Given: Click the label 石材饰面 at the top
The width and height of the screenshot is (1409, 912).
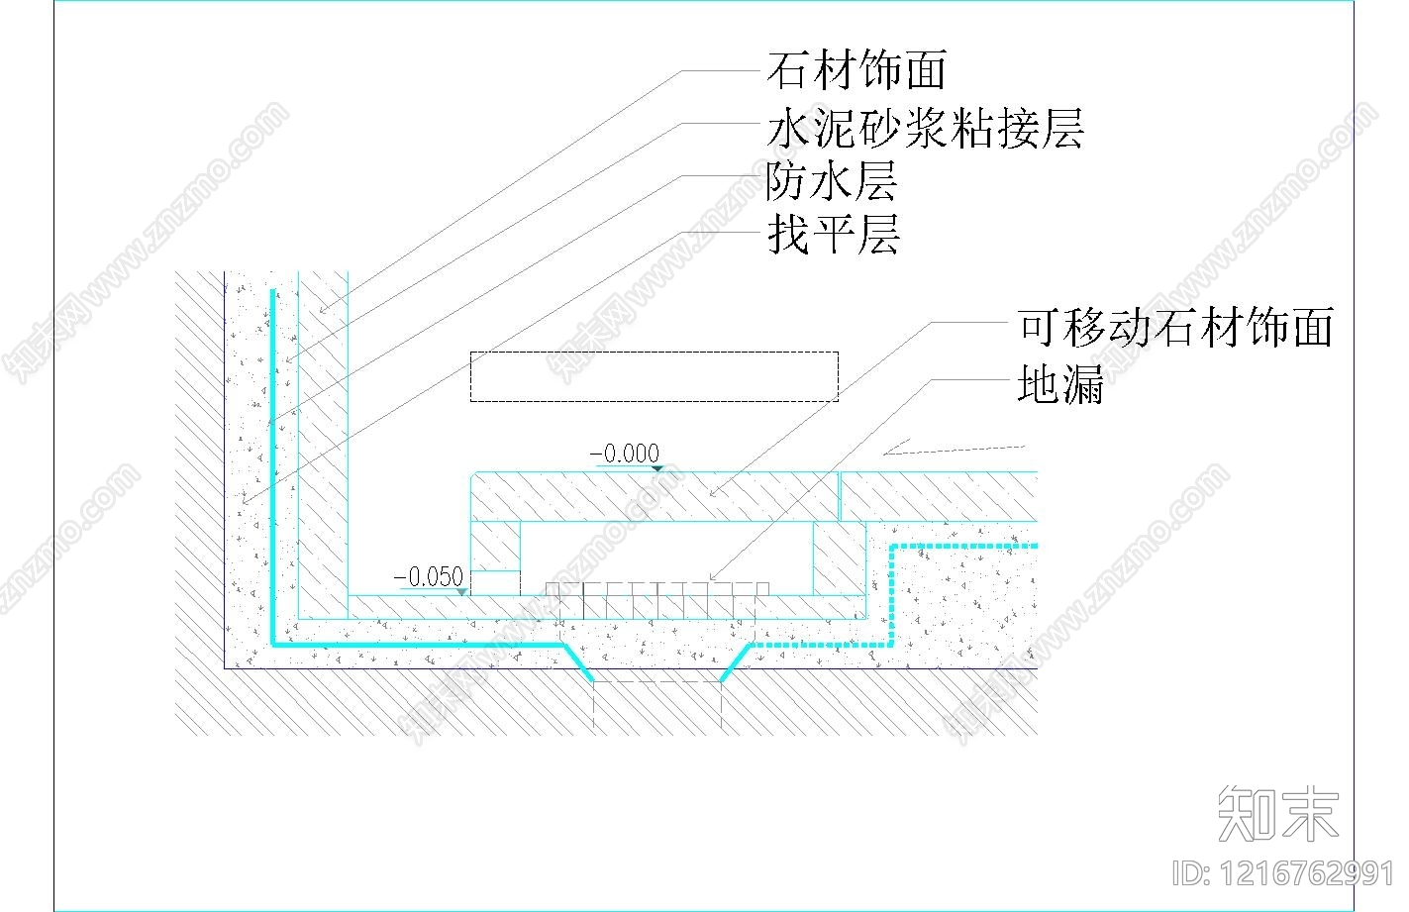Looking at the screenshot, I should [856, 70].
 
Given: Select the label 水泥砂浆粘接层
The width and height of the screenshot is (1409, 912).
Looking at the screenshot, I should [926, 129].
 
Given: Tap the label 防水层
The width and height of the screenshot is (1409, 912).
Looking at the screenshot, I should [832, 182].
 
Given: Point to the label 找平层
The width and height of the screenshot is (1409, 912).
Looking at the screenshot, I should [833, 237].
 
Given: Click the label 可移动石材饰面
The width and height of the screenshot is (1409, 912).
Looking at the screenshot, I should [1175, 327].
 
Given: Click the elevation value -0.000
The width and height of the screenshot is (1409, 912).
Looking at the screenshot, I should [625, 454].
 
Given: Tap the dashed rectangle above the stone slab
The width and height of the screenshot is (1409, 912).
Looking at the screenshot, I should [654, 376].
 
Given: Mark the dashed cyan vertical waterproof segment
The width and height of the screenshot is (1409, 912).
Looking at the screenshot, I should [893, 594].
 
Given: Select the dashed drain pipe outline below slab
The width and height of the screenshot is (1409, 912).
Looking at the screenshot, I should [657, 705].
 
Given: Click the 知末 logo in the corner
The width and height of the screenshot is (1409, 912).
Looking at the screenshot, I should [1277, 814].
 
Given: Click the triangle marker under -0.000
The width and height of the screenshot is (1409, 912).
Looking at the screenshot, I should [656, 467].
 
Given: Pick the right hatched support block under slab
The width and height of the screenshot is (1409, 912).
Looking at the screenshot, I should [839, 558].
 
